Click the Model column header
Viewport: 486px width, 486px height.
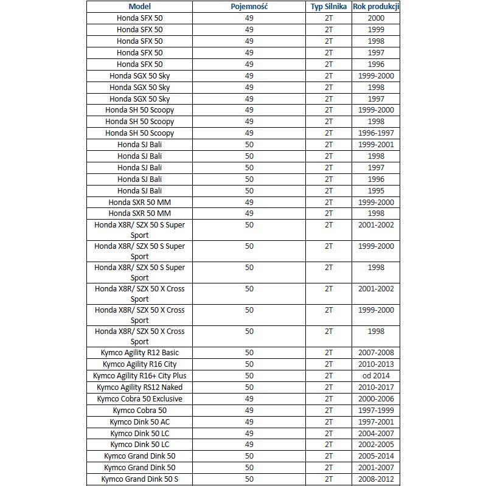pos(139,7)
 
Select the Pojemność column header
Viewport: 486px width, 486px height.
pos(249,7)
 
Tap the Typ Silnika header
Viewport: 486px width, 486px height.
pos(328,7)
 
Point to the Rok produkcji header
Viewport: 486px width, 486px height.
pos(376,7)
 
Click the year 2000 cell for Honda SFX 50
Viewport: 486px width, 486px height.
pos(376,18)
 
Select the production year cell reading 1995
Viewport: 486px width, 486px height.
pos(376,191)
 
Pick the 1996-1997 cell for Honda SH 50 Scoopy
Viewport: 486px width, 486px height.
pos(376,133)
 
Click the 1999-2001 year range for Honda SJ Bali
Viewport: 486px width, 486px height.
pos(376,145)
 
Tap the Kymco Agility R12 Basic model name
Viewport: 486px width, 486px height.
pos(139,353)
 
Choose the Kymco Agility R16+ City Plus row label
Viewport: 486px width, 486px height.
pos(139,376)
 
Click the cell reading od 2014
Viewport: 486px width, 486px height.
pos(376,376)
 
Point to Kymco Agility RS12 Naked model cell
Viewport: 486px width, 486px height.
pos(139,387)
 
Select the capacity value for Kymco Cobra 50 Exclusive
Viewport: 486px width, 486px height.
pos(249,399)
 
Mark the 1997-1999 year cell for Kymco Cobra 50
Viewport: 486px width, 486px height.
pos(376,411)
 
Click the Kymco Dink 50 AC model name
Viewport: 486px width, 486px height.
pos(139,422)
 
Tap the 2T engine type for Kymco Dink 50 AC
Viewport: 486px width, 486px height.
pos(328,422)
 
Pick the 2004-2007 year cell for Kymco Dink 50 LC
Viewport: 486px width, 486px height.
pos(376,434)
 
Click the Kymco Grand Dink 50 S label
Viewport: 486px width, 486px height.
pos(139,479)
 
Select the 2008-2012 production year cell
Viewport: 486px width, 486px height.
pos(376,479)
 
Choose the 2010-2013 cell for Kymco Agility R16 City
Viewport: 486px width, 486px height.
pos(376,364)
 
